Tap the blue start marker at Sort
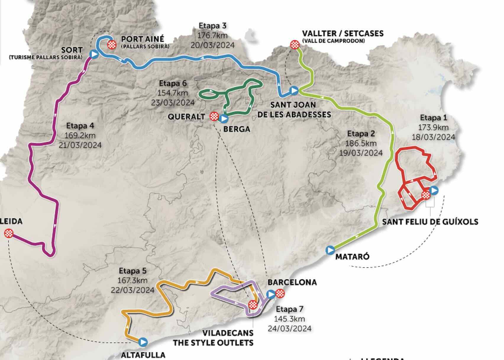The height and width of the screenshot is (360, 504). point(94,54)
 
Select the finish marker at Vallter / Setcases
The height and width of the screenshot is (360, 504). point(295,45)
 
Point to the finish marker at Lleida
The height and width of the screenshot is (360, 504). point(9,233)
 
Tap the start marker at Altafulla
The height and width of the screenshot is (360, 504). point(143,342)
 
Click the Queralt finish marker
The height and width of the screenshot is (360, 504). point(214,116)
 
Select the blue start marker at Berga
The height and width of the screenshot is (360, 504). point(224,119)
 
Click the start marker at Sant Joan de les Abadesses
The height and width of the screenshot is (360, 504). point(294,90)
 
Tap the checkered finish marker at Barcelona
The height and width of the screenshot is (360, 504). point(280,294)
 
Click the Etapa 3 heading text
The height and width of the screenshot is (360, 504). point(213,26)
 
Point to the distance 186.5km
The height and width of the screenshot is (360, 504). point(361,143)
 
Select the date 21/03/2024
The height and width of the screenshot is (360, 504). point(80,145)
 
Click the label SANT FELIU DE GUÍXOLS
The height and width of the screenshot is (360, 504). point(430,222)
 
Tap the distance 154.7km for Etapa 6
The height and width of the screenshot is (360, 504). point(173,93)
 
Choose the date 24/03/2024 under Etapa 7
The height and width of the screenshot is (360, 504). point(290,328)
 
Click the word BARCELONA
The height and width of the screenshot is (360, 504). point(292,282)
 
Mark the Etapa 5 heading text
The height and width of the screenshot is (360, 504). point(133,271)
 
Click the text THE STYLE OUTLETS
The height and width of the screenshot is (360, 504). point(213,343)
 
